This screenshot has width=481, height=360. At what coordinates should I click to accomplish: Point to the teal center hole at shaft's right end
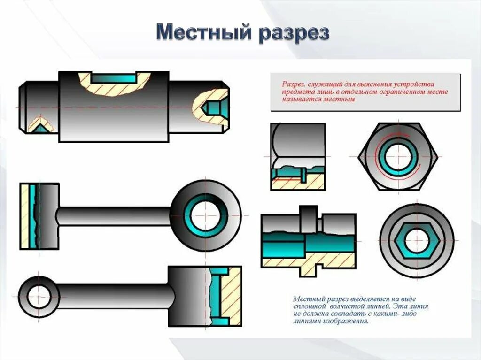[x=215, y=107]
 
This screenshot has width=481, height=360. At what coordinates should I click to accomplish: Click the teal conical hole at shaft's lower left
[x=40, y=127]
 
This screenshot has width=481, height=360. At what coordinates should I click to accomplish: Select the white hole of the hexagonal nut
[x=397, y=156]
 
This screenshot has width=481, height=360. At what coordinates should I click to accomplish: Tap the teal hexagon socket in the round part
[x=416, y=242]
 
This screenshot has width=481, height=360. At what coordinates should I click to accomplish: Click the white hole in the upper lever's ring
[x=206, y=215]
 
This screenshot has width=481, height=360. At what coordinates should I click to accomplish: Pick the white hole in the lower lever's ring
[x=39, y=297]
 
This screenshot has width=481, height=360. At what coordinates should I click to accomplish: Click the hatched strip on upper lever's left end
[x=24, y=216]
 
